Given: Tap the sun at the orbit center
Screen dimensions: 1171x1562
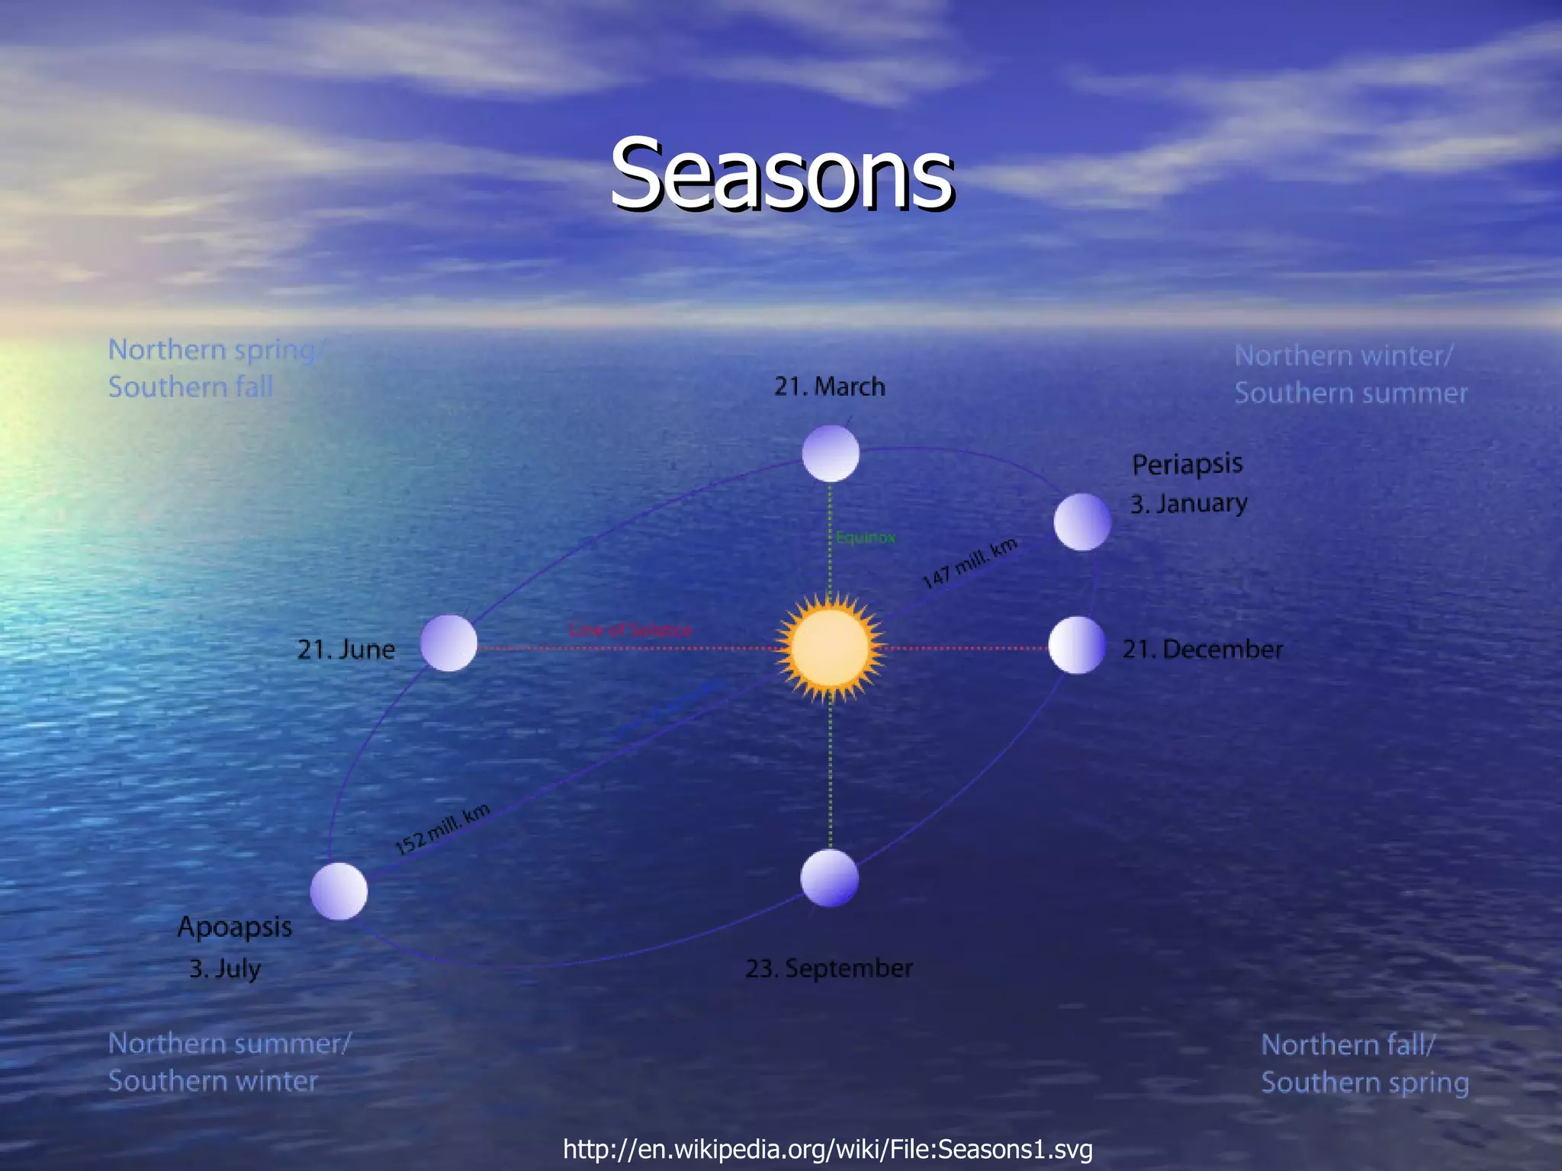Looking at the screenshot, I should [x=830, y=647].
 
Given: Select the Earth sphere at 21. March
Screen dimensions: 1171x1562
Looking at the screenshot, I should [x=831, y=453].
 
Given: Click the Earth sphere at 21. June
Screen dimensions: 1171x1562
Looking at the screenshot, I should [x=448, y=643].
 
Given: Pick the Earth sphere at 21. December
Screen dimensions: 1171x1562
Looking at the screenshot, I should [x=1076, y=646].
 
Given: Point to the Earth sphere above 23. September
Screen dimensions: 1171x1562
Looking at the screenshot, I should [x=830, y=878].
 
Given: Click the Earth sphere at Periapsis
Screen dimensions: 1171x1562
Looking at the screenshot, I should [x=1082, y=521].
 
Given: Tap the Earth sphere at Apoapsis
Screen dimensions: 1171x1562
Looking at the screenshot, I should [x=339, y=891].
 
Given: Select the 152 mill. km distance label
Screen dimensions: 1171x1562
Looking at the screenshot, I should [x=442, y=829].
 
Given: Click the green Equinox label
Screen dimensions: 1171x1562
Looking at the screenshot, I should [x=865, y=537].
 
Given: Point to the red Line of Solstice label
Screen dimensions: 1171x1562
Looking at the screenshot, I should [x=631, y=630].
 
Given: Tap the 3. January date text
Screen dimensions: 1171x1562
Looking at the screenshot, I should [x=1188, y=504].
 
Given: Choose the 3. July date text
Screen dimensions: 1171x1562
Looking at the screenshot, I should [x=225, y=968].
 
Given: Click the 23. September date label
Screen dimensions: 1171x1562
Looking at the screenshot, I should [x=829, y=968].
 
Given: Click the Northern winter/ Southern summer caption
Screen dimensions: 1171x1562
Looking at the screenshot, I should [x=1350, y=374].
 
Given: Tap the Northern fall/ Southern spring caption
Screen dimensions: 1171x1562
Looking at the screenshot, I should [x=1364, y=1064].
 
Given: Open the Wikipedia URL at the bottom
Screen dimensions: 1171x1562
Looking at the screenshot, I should [x=828, y=1148].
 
